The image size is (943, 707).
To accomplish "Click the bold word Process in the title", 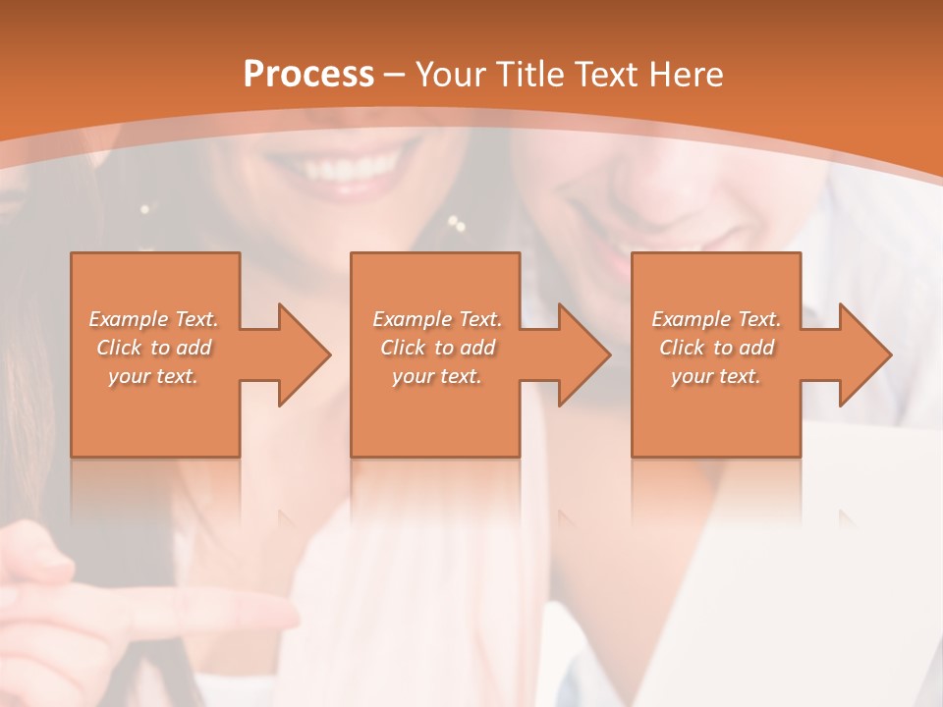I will [x=308, y=75].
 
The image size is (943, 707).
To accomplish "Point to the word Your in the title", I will [x=447, y=75].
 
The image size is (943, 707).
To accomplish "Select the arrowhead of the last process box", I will [x=863, y=354].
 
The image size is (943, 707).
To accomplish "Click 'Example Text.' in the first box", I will [x=153, y=319].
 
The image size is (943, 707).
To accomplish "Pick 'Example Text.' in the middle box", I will [x=436, y=319].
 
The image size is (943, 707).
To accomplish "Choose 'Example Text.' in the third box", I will [x=716, y=319].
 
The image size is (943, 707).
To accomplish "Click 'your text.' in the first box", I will [x=153, y=376].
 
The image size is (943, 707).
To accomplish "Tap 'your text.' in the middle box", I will [x=436, y=376].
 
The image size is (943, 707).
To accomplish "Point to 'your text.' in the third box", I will [x=716, y=376].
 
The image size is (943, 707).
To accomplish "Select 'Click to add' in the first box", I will [x=153, y=348].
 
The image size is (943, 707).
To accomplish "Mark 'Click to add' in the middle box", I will [x=436, y=348].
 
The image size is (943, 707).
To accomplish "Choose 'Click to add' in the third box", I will [x=716, y=348].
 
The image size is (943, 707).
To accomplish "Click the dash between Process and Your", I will [x=394, y=76].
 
